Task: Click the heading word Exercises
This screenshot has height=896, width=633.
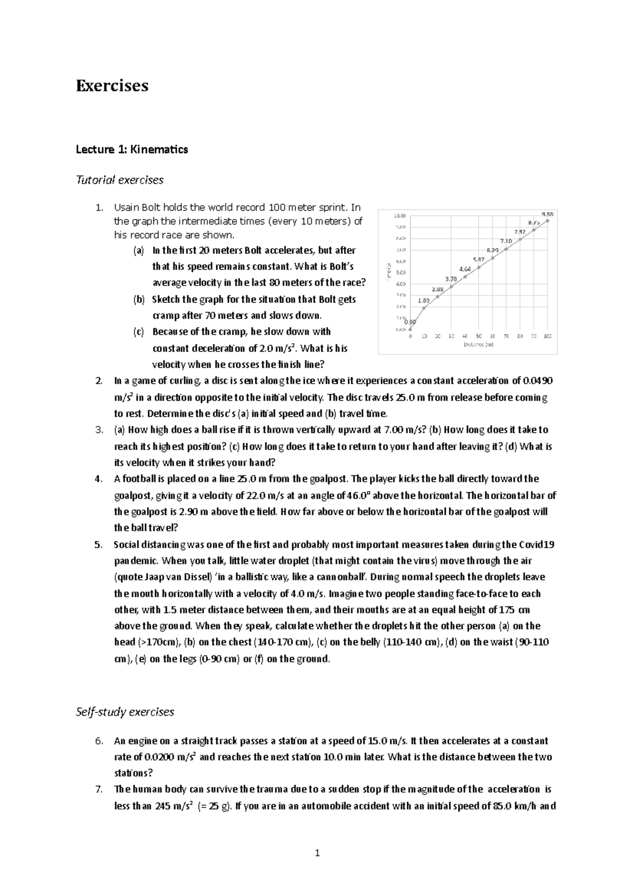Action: (x=112, y=85)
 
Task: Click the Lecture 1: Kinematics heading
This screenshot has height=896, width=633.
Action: (x=131, y=149)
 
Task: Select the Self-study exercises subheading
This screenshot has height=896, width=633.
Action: (x=124, y=712)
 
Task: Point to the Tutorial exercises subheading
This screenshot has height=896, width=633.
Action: (x=119, y=180)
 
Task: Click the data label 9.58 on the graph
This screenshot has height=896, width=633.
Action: (x=547, y=214)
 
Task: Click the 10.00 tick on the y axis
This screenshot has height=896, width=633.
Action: (x=400, y=215)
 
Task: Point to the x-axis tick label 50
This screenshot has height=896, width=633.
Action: (x=478, y=336)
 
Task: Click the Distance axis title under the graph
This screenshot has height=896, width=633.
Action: (x=478, y=344)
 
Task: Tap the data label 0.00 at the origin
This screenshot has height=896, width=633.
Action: (x=410, y=322)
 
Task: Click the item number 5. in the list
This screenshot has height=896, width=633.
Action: (x=98, y=545)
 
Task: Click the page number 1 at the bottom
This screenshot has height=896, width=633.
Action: (x=317, y=853)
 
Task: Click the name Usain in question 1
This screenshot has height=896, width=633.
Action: (x=126, y=207)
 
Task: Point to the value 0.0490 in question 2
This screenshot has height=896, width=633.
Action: (x=537, y=381)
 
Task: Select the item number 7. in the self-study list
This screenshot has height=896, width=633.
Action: (x=98, y=789)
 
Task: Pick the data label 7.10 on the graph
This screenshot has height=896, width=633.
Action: (x=506, y=241)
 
